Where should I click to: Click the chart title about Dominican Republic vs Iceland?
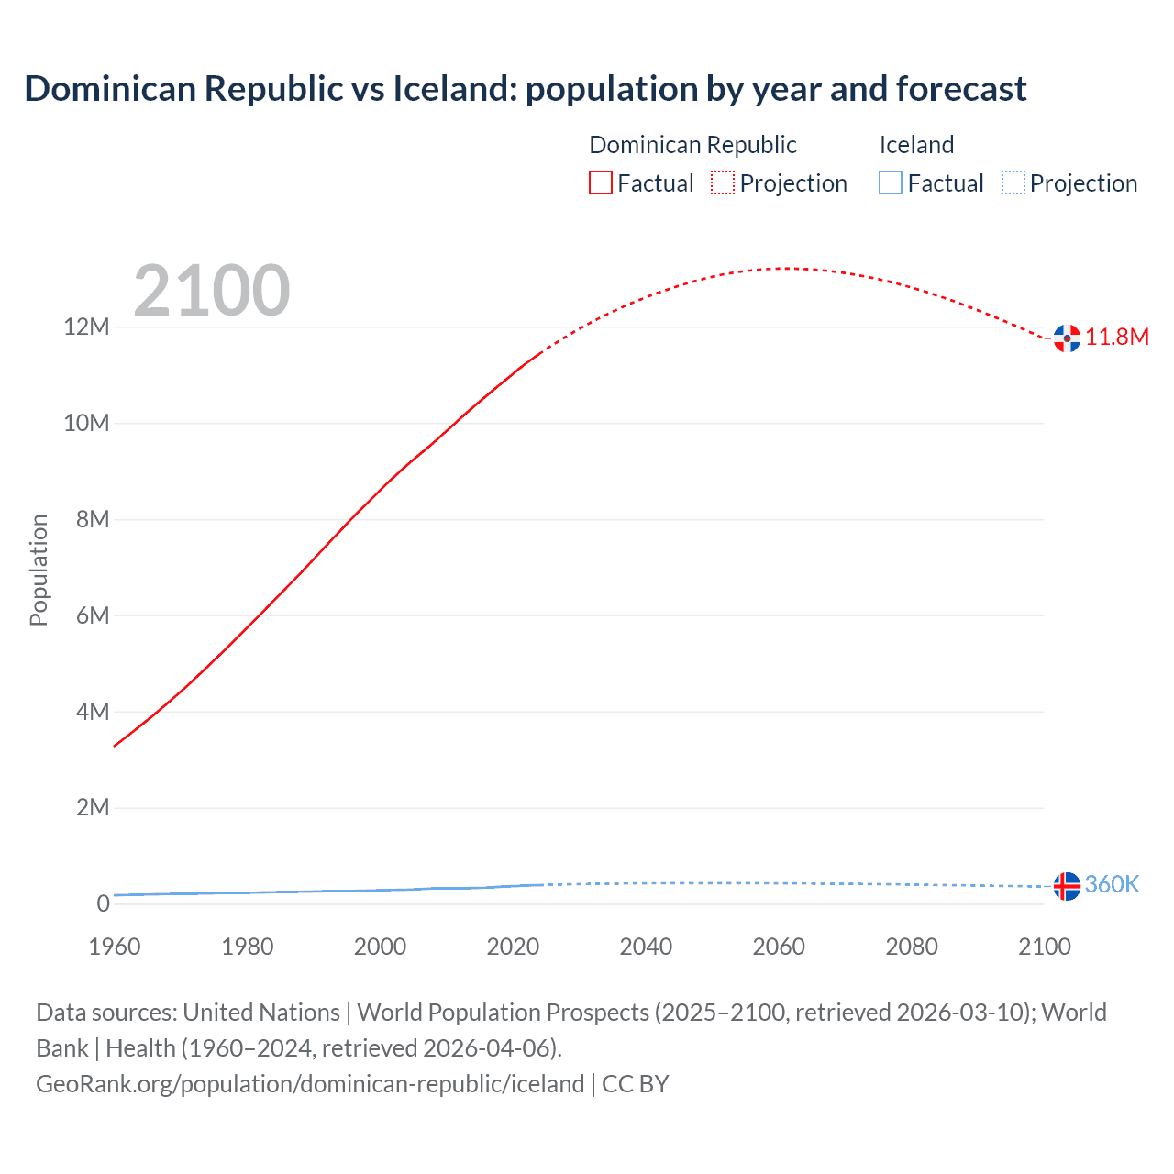tap(525, 89)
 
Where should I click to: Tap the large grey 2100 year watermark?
tap(212, 291)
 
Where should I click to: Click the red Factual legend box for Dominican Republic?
tap(600, 183)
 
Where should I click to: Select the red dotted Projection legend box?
tap(723, 183)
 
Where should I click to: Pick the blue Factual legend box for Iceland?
tap(891, 183)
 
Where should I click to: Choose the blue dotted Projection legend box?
tap(1013, 183)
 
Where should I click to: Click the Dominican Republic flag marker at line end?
tap(1067, 338)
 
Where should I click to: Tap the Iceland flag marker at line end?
tap(1067, 886)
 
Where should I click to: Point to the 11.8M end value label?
tap(1117, 337)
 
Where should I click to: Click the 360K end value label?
tap(1112, 884)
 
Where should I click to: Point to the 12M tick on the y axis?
tap(86, 327)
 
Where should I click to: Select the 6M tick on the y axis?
tap(92, 615)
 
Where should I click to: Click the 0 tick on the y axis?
tap(104, 903)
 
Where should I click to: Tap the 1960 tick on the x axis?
tap(115, 947)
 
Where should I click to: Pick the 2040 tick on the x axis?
tap(646, 947)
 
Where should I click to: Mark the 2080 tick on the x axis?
tap(912, 947)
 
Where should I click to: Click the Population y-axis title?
tap(39, 570)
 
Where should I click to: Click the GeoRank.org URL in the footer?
tap(310, 1084)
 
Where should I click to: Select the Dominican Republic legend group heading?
tap(692, 145)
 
